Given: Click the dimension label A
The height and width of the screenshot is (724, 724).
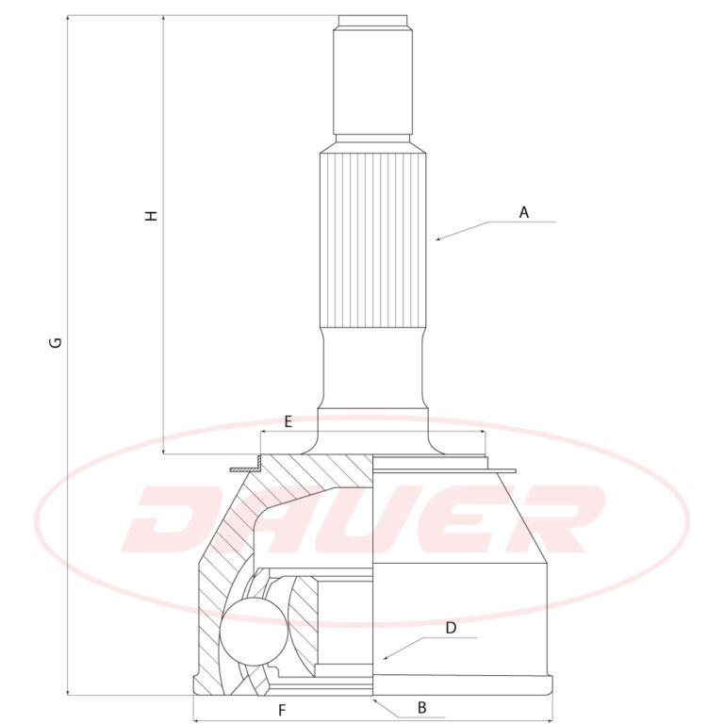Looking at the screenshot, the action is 523,212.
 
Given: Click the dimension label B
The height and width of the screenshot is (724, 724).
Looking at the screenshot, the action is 421,707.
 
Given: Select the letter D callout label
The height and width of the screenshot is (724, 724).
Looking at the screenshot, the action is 451,628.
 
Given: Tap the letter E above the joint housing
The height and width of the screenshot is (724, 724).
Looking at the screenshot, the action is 288,421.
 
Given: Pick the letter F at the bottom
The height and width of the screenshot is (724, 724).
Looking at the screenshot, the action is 282,710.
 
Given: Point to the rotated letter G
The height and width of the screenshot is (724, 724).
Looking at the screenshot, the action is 56,342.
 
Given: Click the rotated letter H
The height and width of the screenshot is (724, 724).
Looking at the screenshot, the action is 151,216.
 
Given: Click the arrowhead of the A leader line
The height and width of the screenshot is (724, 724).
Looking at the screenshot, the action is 438,239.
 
